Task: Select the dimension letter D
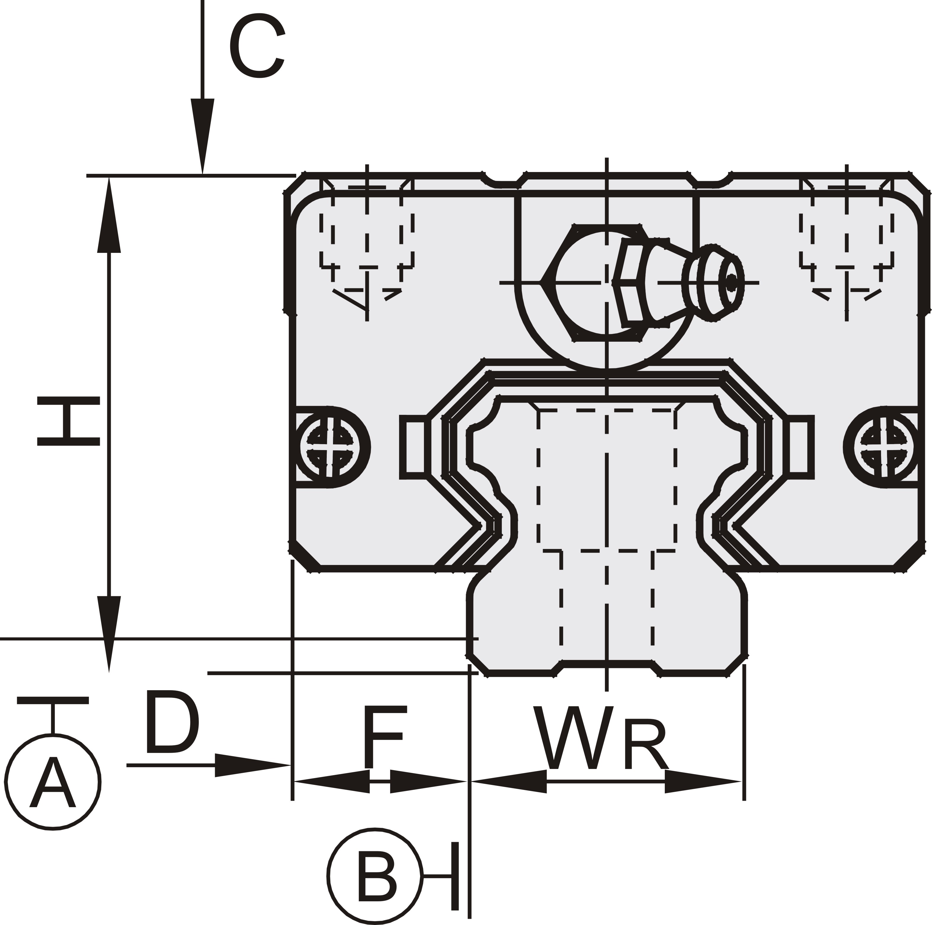[x=172, y=723]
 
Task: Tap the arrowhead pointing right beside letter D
[x=251, y=765]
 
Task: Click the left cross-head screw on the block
[x=330, y=447]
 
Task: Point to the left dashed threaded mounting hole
[x=367, y=241]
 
